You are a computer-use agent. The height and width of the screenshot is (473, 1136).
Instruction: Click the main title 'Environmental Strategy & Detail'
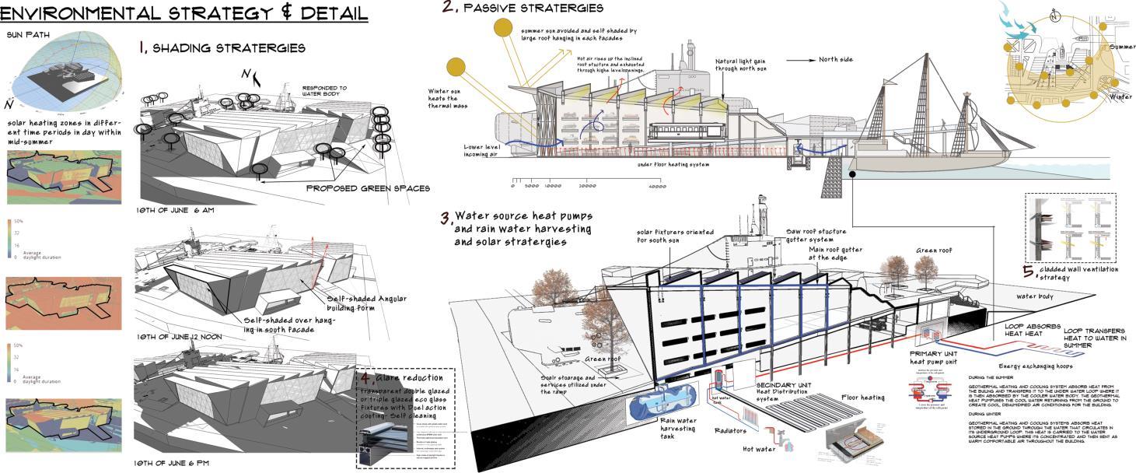pyautogui.click(x=184, y=13)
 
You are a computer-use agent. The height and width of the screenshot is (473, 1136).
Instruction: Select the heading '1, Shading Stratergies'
pyautogui.click(x=222, y=48)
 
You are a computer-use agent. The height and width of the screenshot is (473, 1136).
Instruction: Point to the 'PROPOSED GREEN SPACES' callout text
pyautogui.click(x=368, y=188)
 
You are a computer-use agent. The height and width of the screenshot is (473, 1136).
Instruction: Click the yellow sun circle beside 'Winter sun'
pyautogui.click(x=455, y=68)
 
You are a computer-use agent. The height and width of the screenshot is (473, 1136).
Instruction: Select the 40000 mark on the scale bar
pyautogui.click(x=657, y=186)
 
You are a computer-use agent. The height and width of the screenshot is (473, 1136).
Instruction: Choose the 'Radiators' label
pyautogui.click(x=729, y=430)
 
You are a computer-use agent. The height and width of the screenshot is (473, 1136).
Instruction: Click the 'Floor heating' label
pyautogui.click(x=863, y=397)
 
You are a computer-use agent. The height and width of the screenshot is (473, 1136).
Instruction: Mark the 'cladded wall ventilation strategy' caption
pyautogui.click(x=1074, y=273)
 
